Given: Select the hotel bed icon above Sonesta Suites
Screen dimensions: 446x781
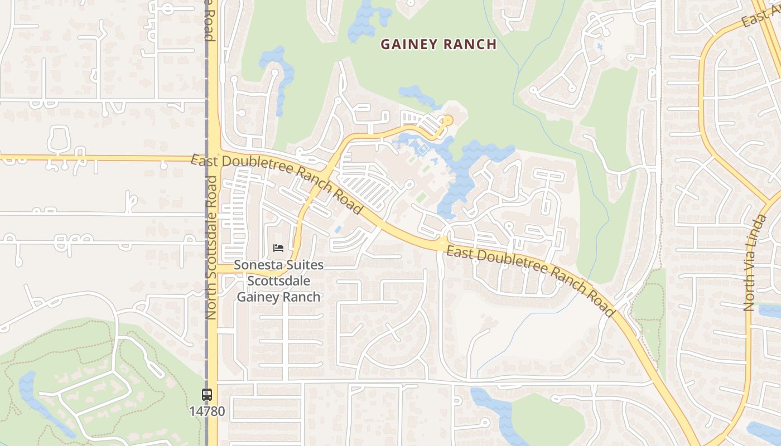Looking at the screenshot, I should coord(278,248).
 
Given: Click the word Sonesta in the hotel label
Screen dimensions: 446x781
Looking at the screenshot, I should coord(257,265).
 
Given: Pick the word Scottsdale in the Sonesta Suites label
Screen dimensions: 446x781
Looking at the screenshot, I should coord(278,281).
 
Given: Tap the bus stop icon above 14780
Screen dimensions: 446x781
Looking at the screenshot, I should coord(207,395).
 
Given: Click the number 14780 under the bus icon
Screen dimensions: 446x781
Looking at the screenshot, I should coord(207,411).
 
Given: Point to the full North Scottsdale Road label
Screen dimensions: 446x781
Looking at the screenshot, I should coord(210,248).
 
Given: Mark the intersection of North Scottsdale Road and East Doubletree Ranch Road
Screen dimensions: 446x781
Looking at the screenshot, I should coord(213,156).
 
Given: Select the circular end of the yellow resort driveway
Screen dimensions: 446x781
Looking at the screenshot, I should coord(447,119).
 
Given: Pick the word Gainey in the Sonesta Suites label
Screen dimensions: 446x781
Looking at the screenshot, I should coord(257,297).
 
